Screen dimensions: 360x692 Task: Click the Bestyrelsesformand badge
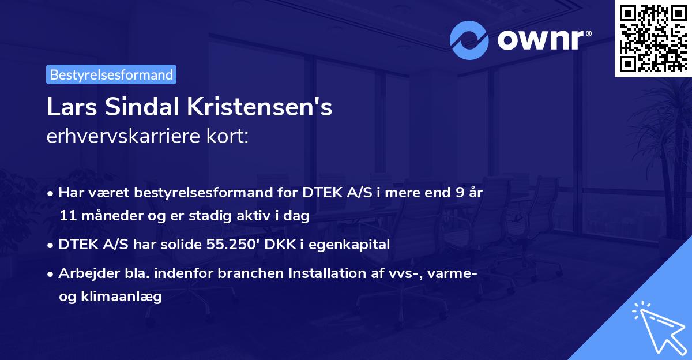[x=111, y=74]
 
